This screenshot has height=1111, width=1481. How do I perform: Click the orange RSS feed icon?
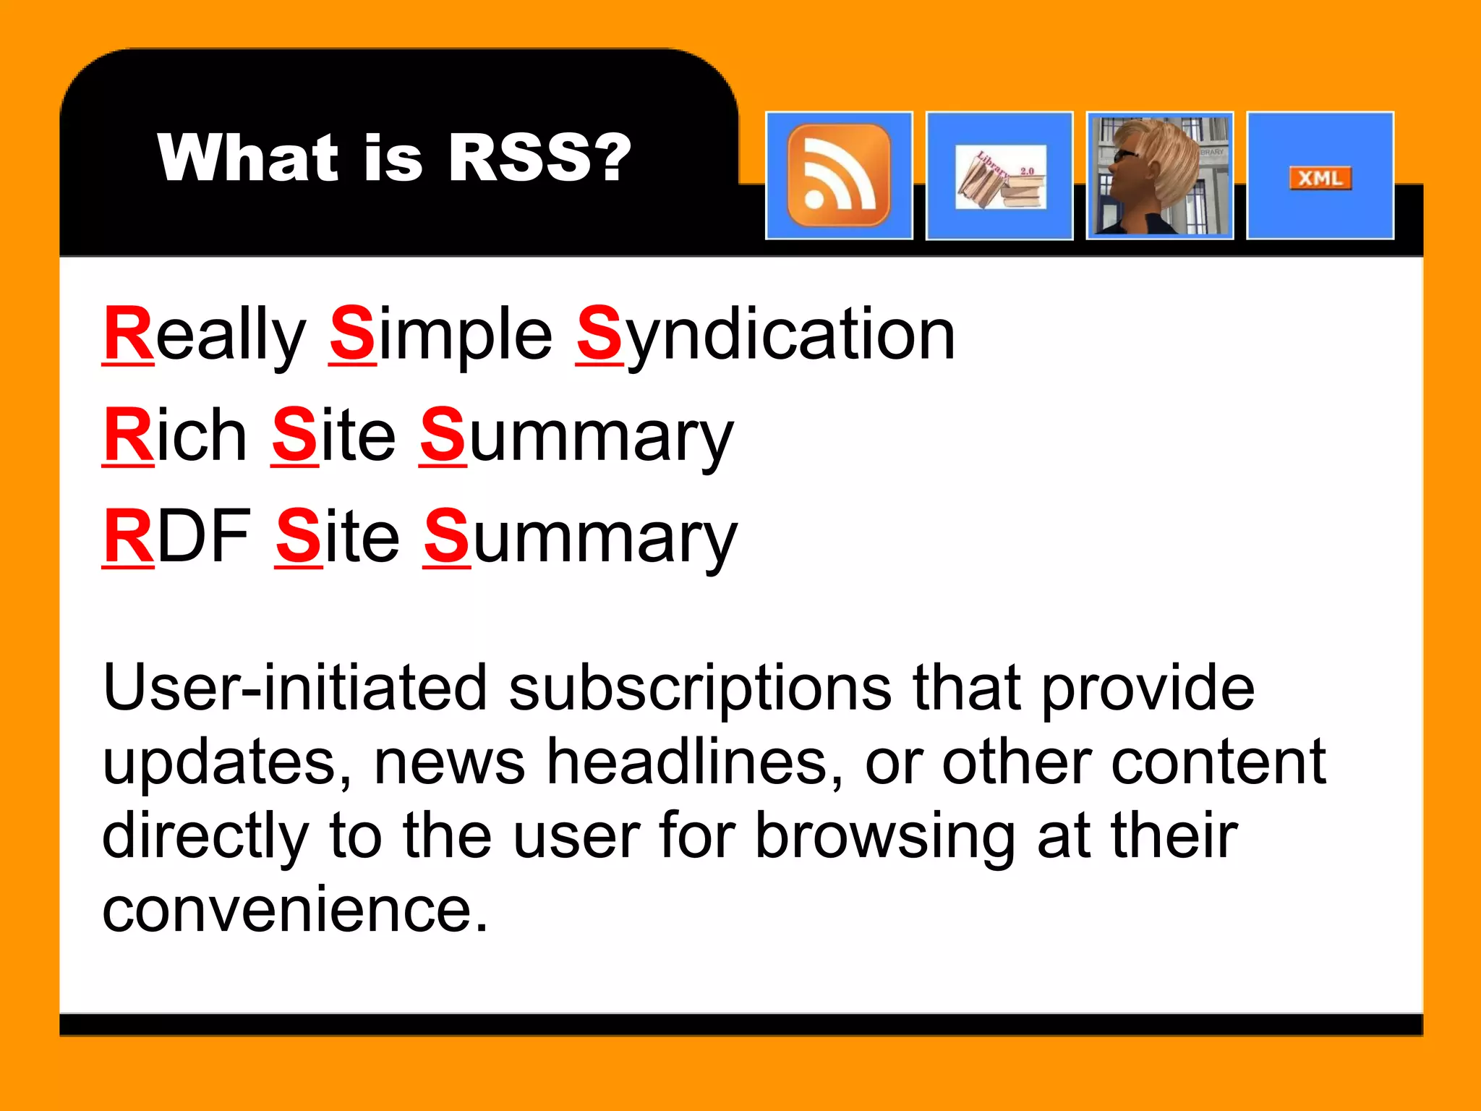coord(839,175)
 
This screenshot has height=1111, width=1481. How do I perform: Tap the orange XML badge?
coord(1320,178)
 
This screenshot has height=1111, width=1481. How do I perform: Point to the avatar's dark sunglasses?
coord(1125,155)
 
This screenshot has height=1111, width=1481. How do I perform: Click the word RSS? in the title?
coord(539,158)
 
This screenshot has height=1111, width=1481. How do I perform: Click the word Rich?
coord(175,435)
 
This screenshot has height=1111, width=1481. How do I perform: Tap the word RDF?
coord(177,537)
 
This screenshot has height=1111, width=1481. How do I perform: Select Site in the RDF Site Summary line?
coord(337,537)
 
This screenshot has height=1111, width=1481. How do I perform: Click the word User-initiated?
coord(295,688)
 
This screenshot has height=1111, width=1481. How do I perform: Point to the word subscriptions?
coord(701,689)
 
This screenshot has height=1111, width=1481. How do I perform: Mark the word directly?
coord(205,837)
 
